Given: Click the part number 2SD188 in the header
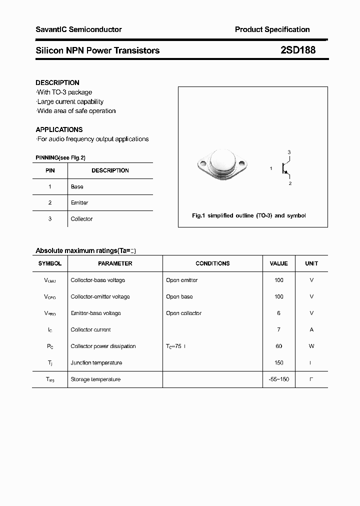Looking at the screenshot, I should [297, 50].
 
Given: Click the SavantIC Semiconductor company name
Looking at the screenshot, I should [78, 29].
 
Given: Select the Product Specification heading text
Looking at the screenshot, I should [272, 29].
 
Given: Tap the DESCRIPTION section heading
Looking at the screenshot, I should [57, 82].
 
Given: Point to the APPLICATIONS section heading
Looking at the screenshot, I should [59, 129].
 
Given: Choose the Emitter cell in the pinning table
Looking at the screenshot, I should [79, 202].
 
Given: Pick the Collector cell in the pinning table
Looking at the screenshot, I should [81, 219].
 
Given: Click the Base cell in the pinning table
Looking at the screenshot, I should [77, 186].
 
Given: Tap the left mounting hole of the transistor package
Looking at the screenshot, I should [203, 162].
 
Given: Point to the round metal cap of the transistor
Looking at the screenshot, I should [222, 160].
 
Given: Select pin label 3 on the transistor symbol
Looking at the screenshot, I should [289, 152].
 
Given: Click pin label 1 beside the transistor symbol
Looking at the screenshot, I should [271, 168].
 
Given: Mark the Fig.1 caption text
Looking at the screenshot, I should [249, 215].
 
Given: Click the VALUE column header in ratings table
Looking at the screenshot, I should [278, 263].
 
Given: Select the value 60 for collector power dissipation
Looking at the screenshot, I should [278, 346].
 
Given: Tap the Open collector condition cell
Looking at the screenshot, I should [183, 313].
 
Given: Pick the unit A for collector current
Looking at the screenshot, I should [311, 329].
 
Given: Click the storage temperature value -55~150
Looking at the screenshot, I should [278, 379].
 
